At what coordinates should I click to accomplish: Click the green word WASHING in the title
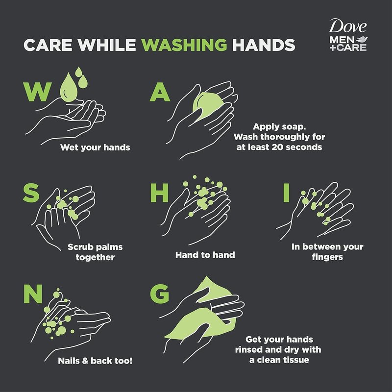tap(184, 45)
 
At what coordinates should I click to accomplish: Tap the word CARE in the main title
tap(48, 45)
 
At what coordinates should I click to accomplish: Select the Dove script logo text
tap(348, 26)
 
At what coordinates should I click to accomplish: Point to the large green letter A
tap(160, 92)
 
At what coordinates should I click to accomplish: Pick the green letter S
tap(31, 193)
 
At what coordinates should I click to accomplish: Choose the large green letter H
tap(159, 193)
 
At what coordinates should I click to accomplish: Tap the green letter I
tap(286, 193)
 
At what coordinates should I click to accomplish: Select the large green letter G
tap(160, 294)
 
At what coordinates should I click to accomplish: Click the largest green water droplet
tap(69, 88)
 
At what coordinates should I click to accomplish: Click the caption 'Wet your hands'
tap(95, 147)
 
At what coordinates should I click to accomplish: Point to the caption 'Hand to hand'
tap(205, 255)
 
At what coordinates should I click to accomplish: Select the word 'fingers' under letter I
tap(327, 258)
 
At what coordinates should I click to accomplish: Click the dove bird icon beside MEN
tap(362, 40)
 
